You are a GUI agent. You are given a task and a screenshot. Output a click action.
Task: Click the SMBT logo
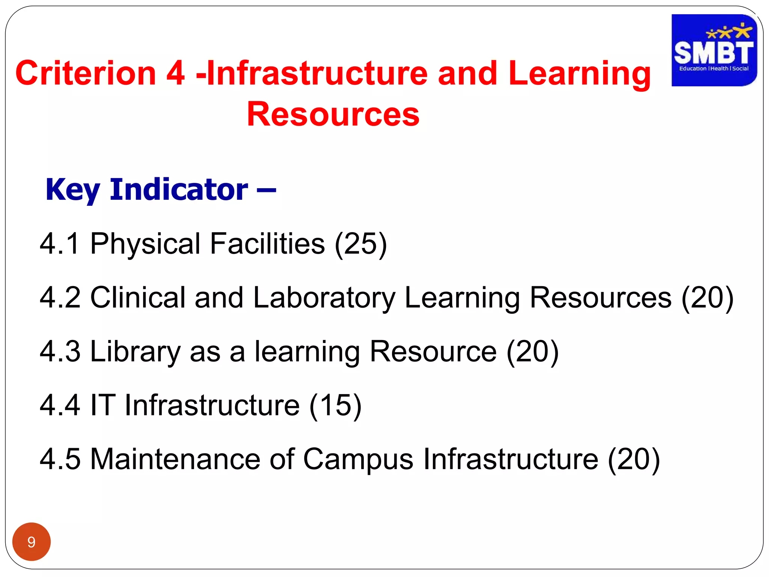(x=714, y=50)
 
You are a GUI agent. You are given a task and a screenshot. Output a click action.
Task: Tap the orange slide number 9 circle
(x=32, y=542)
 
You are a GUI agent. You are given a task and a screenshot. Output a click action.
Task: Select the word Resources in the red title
(x=333, y=114)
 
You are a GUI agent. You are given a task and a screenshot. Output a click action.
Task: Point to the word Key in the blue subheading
(x=72, y=190)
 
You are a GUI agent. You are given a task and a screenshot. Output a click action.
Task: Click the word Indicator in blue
(x=179, y=189)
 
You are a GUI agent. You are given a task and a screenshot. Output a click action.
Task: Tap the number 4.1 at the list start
(x=60, y=244)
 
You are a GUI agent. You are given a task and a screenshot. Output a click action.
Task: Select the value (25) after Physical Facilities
(x=360, y=244)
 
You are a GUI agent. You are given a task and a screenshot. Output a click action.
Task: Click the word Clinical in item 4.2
(x=138, y=298)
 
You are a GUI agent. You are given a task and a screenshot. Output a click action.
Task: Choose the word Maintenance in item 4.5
(x=175, y=459)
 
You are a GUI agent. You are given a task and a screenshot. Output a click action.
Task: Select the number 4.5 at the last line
(x=60, y=459)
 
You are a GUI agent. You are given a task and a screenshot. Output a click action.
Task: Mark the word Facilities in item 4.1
(x=267, y=244)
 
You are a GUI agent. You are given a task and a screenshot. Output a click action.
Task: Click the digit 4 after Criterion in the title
(x=175, y=73)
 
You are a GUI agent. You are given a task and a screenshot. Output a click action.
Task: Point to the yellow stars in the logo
(x=729, y=32)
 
